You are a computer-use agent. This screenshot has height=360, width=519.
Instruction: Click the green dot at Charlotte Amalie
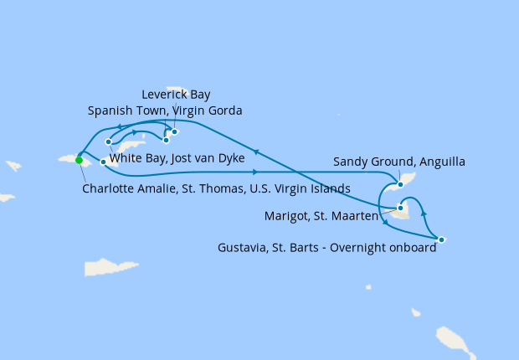pyautogui.click(x=79, y=160)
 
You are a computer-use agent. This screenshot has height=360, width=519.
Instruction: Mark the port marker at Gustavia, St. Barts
pyautogui.click(x=441, y=240)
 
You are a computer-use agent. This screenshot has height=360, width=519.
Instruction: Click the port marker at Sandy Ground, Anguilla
pyautogui.click(x=400, y=184)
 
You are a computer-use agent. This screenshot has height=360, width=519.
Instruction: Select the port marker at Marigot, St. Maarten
pyautogui.click(x=401, y=208)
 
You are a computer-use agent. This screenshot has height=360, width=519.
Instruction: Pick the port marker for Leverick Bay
pyautogui.click(x=174, y=131)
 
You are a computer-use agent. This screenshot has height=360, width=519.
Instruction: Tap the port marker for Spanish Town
pyautogui.click(x=166, y=140)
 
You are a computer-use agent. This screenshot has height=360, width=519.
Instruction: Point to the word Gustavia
pyautogui.click(x=244, y=247)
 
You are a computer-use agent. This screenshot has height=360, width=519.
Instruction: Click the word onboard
pyautogui.click(x=413, y=247)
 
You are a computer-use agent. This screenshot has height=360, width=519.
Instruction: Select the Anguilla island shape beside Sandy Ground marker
pyautogui.click(x=409, y=177)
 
